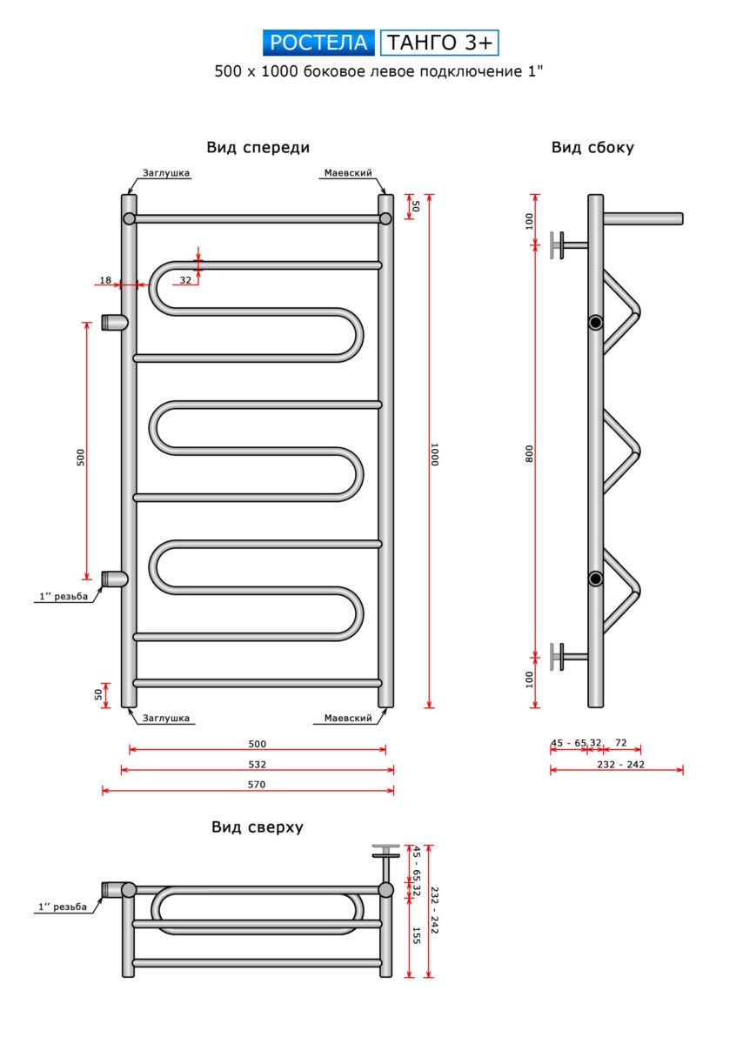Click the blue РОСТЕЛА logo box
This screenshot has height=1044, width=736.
pos(318,43)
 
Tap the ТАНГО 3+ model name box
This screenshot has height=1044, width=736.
pos(440,43)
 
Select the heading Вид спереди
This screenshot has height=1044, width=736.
pos(258,148)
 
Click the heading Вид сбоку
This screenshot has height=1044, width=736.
pos(592,148)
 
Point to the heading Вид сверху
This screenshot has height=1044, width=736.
pos(258,827)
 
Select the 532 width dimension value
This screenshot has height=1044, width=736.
pos(257,765)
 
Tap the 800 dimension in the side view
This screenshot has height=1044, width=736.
pos(530,453)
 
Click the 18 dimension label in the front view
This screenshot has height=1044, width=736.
pos(105,280)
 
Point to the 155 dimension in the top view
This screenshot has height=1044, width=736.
pos(417,935)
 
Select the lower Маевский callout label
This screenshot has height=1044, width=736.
pos(348,718)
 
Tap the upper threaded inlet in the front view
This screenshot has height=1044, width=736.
pos(113,322)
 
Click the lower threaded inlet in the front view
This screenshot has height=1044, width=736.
pos(113,579)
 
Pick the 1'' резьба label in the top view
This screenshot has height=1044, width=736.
pos(62,907)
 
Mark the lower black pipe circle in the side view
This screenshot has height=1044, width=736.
pos(595,579)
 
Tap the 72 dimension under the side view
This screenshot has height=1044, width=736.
pos(621,743)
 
